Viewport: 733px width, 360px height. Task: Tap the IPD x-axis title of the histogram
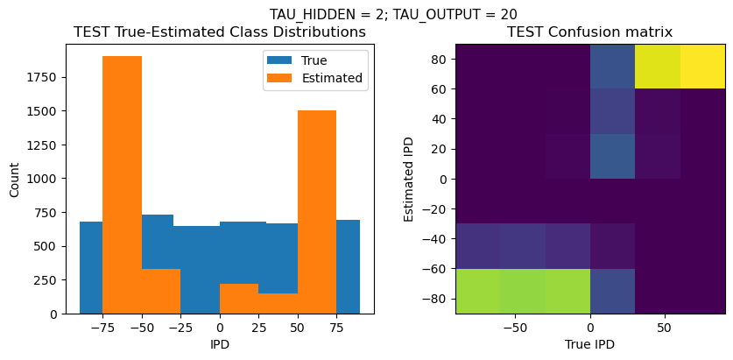click(x=220, y=344)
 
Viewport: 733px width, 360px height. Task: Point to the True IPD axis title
click(x=590, y=344)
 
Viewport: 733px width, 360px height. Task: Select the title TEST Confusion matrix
click(x=590, y=32)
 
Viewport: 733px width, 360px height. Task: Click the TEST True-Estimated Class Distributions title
click(x=220, y=32)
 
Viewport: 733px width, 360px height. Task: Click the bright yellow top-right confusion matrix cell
click(x=702, y=66)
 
